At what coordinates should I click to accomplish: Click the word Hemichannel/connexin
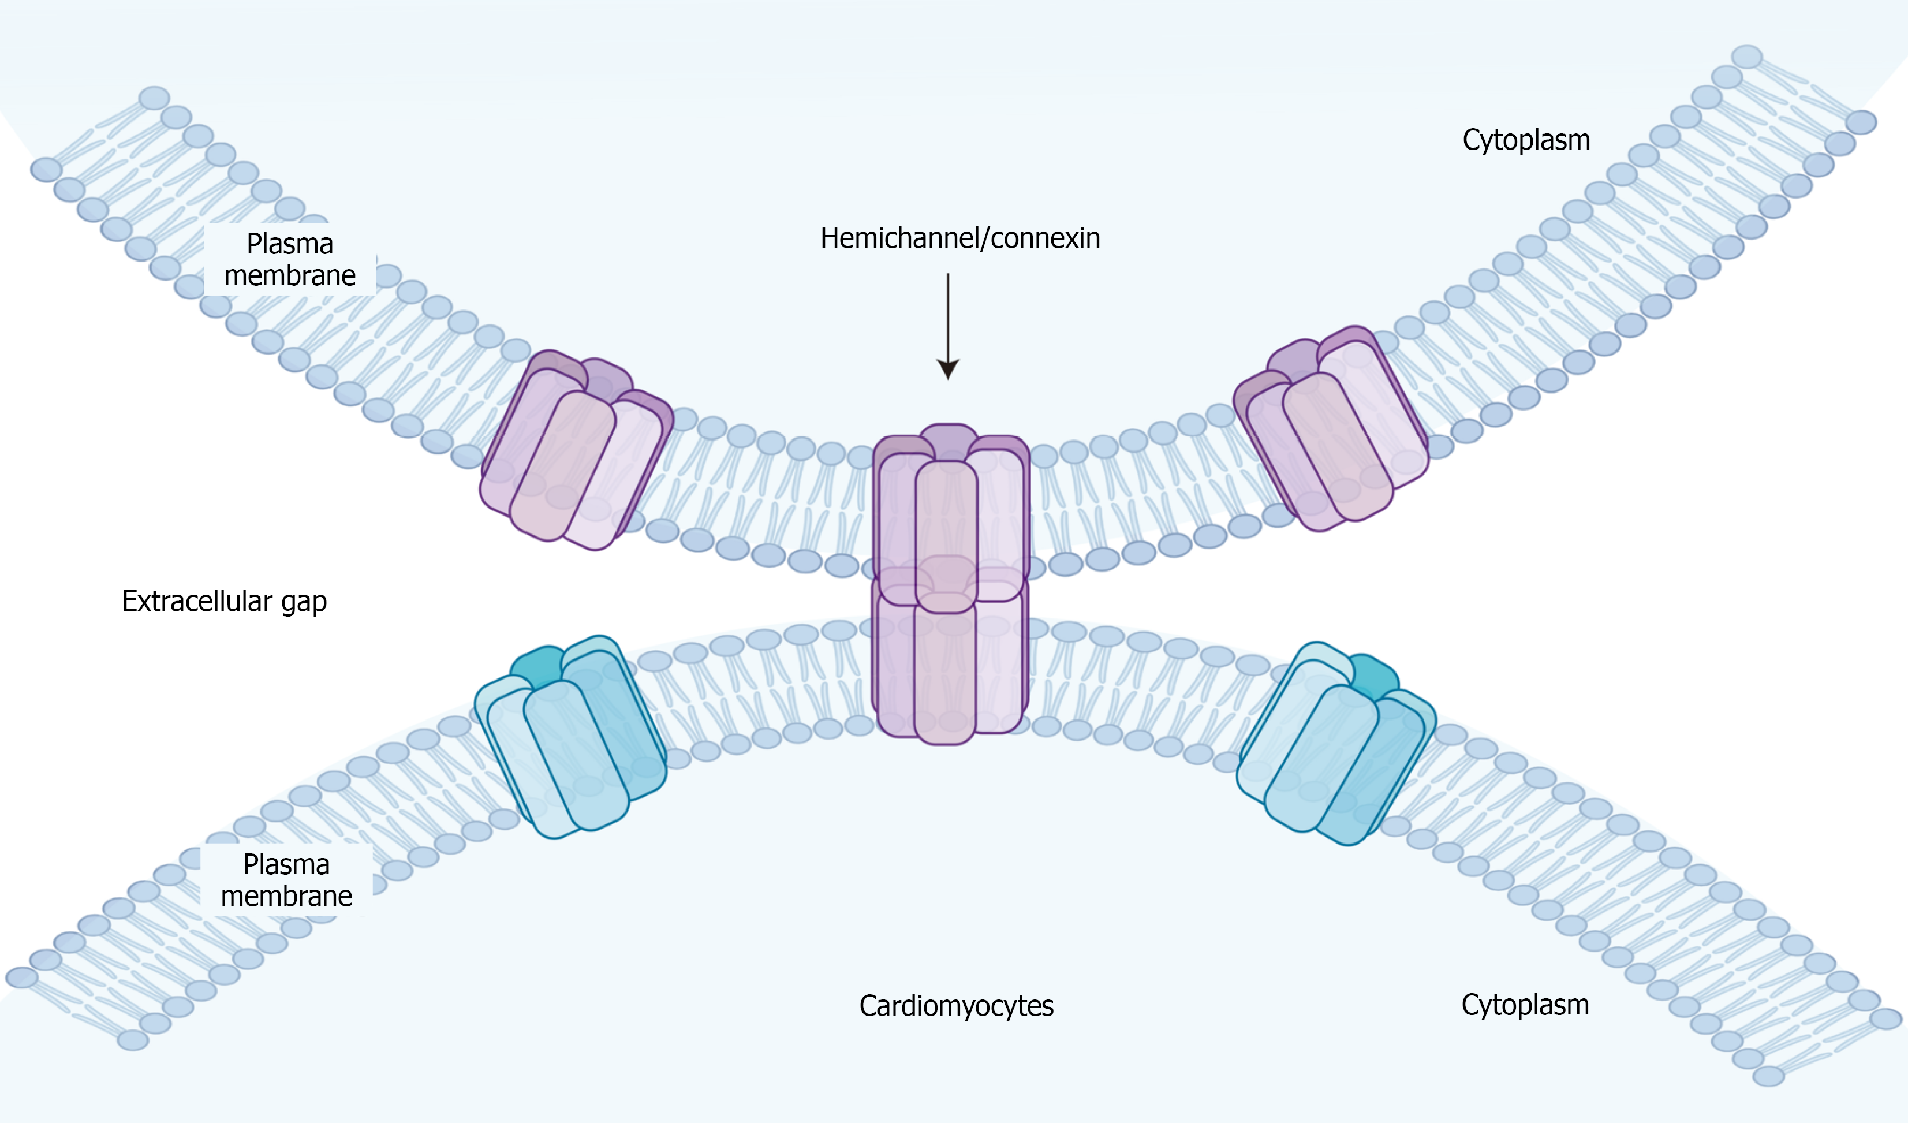pos(959,238)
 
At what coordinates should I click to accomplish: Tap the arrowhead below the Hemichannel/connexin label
pos(948,370)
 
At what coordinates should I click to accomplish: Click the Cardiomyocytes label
pos(955,1006)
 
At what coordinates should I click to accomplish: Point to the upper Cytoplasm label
pos(1526,140)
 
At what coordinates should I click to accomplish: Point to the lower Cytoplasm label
pos(1525,1005)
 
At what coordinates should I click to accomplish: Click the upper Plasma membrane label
pos(290,259)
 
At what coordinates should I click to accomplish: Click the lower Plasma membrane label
pos(286,880)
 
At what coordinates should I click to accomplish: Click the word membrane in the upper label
pos(290,275)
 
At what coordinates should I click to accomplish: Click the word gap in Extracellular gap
pos(304,603)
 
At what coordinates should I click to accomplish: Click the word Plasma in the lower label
pos(286,864)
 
